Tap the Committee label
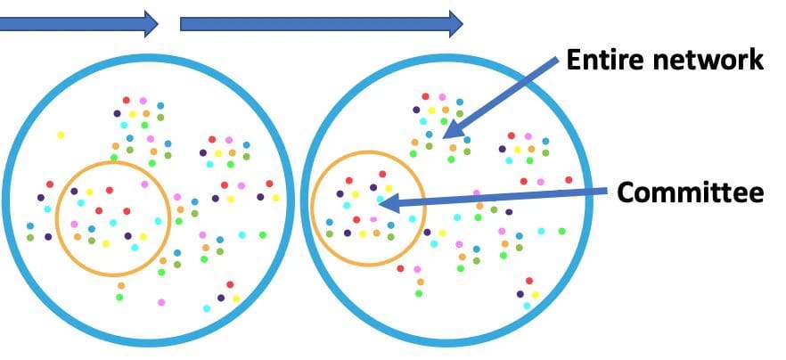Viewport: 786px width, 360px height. point(690,192)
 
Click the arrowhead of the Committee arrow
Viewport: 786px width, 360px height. point(386,204)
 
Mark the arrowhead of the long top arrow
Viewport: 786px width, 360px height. point(454,23)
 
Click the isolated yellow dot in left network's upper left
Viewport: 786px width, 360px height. point(61,135)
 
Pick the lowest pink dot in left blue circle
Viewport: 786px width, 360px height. point(161,302)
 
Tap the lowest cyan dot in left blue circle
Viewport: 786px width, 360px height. point(207,308)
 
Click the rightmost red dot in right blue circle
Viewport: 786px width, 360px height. point(569,180)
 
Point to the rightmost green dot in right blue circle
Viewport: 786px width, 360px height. point(561,231)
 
